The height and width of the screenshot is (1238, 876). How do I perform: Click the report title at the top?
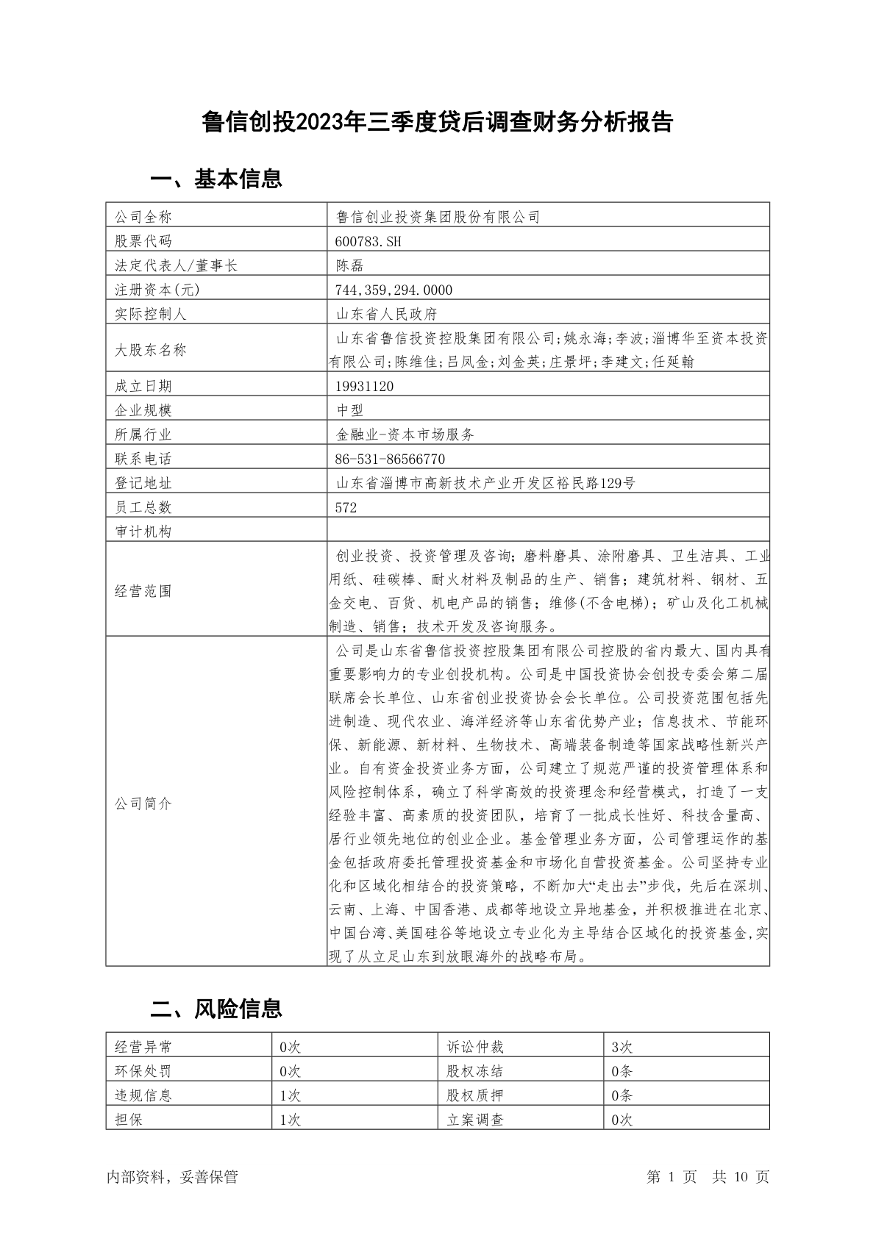coord(438,122)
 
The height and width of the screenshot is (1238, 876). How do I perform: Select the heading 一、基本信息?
coord(216,179)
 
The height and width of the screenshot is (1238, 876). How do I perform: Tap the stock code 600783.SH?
coord(368,241)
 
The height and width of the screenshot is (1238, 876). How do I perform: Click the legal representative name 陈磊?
coord(350,265)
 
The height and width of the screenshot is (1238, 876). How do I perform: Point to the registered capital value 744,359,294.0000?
coord(394,290)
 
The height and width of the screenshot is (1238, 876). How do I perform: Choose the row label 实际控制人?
coord(151,314)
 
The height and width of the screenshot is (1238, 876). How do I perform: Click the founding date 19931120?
coord(364,386)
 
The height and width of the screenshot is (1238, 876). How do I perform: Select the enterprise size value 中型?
coord(350,410)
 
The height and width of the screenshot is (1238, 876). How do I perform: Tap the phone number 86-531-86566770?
coord(390,459)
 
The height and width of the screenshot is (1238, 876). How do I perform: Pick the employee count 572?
coord(346,507)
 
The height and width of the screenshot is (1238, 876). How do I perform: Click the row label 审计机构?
coord(143,532)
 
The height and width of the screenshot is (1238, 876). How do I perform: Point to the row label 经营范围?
coord(143,591)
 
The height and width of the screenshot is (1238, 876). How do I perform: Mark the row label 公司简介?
coord(143,804)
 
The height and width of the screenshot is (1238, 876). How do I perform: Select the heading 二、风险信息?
coord(216,1009)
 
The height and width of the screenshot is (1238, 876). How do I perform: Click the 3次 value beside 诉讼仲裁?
coord(622,1047)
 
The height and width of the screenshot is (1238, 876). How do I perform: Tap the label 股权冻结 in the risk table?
coord(475,1071)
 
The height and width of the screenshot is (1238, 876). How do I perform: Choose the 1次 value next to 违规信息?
coord(291,1095)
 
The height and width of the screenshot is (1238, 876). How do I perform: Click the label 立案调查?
coord(475,1120)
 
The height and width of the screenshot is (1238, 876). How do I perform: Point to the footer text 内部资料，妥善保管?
coord(172,1177)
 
